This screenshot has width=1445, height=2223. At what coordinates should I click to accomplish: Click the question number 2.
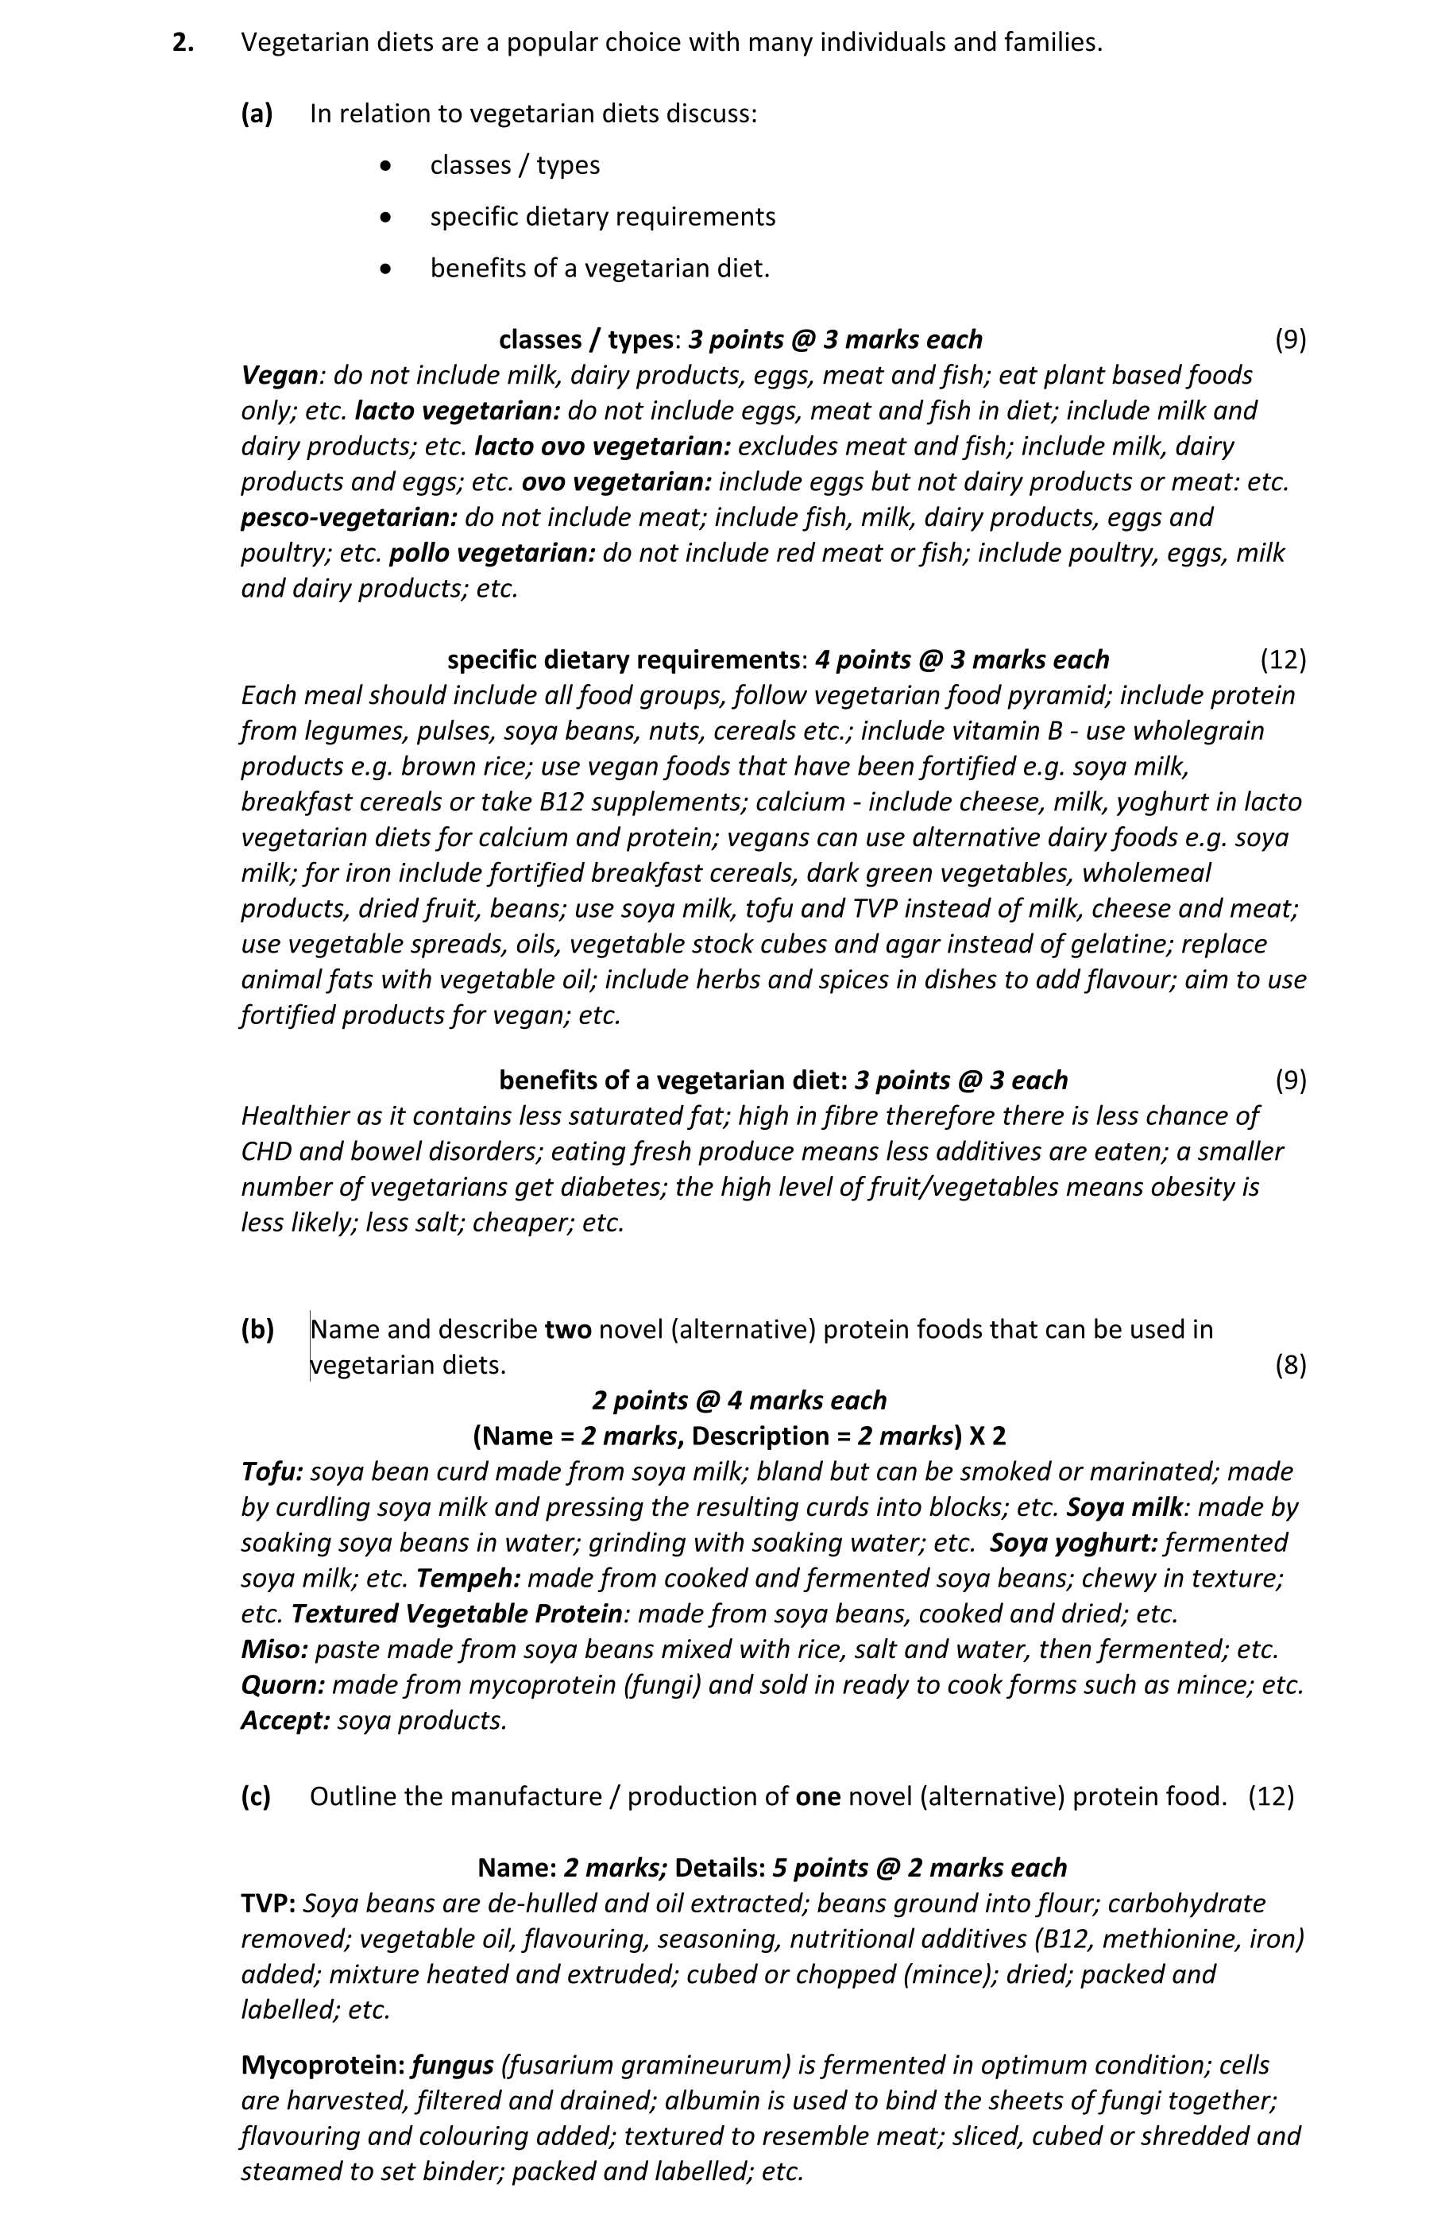pyautogui.click(x=183, y=43)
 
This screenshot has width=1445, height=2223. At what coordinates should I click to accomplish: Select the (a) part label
pyautogui.click(x=257, y=114)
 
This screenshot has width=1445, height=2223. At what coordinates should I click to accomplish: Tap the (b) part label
pyautogui.click(x=257, y=1329)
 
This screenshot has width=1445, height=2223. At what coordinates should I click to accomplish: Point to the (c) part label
pyautogui.click(x=256, y=1796)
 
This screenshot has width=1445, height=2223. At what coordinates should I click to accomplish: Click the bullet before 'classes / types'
pyautogui.click(x=387, y=166)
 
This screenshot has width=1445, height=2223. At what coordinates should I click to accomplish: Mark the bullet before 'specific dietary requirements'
pyautogui.click(x=387, y=218)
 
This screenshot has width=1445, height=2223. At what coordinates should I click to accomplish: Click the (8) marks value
pyautogui.click(x=1290, y=1366)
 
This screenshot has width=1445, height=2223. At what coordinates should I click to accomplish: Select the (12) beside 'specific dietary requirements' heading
pyautogui.click(x=1282, y=660)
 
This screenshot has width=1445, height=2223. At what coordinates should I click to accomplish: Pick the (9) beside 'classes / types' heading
pyautogui.click(x=1290, y=340)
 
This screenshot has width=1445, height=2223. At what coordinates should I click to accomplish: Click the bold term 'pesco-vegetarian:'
pyautogui.click(x=350, y=517)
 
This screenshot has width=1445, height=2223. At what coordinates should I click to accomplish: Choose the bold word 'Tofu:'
pyautogui.click(x=272, y=1472)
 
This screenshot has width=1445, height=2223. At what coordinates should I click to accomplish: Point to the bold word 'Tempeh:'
pyautogui.click(x=468, y=1579)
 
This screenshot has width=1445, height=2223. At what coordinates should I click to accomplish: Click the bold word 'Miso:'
pyautogui.click(x=275, y=1649)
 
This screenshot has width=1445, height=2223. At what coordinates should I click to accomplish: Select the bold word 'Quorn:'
pyautogui.click(x=283, y=1685)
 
